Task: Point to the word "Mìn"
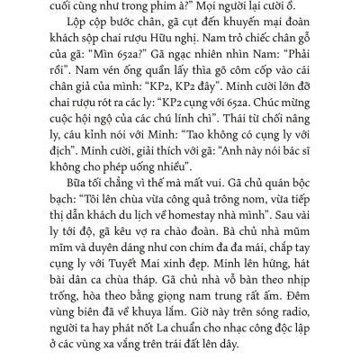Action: (98, 81)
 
